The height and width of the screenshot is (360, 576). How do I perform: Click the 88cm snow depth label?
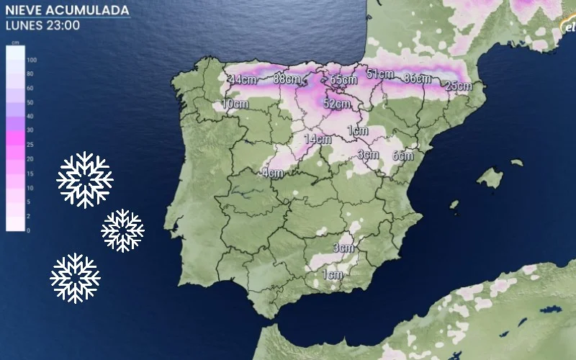287,79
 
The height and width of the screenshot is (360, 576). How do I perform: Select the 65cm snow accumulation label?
343,79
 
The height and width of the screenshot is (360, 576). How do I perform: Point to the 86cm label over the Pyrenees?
418,78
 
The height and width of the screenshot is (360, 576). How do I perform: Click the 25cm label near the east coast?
458,86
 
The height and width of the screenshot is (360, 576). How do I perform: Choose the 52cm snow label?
336,104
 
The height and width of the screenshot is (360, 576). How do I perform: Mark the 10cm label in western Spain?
235,104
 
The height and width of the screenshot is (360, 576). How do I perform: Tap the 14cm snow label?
317,139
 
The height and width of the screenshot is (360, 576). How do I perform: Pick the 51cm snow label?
380,73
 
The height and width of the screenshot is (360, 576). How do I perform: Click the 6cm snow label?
402,155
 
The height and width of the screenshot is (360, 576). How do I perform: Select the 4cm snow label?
272,173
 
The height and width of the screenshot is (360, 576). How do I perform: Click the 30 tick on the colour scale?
30,130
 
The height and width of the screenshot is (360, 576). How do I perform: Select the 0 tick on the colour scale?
28,230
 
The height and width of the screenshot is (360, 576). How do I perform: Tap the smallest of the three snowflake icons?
123,230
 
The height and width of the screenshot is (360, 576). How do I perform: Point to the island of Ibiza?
454,205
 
